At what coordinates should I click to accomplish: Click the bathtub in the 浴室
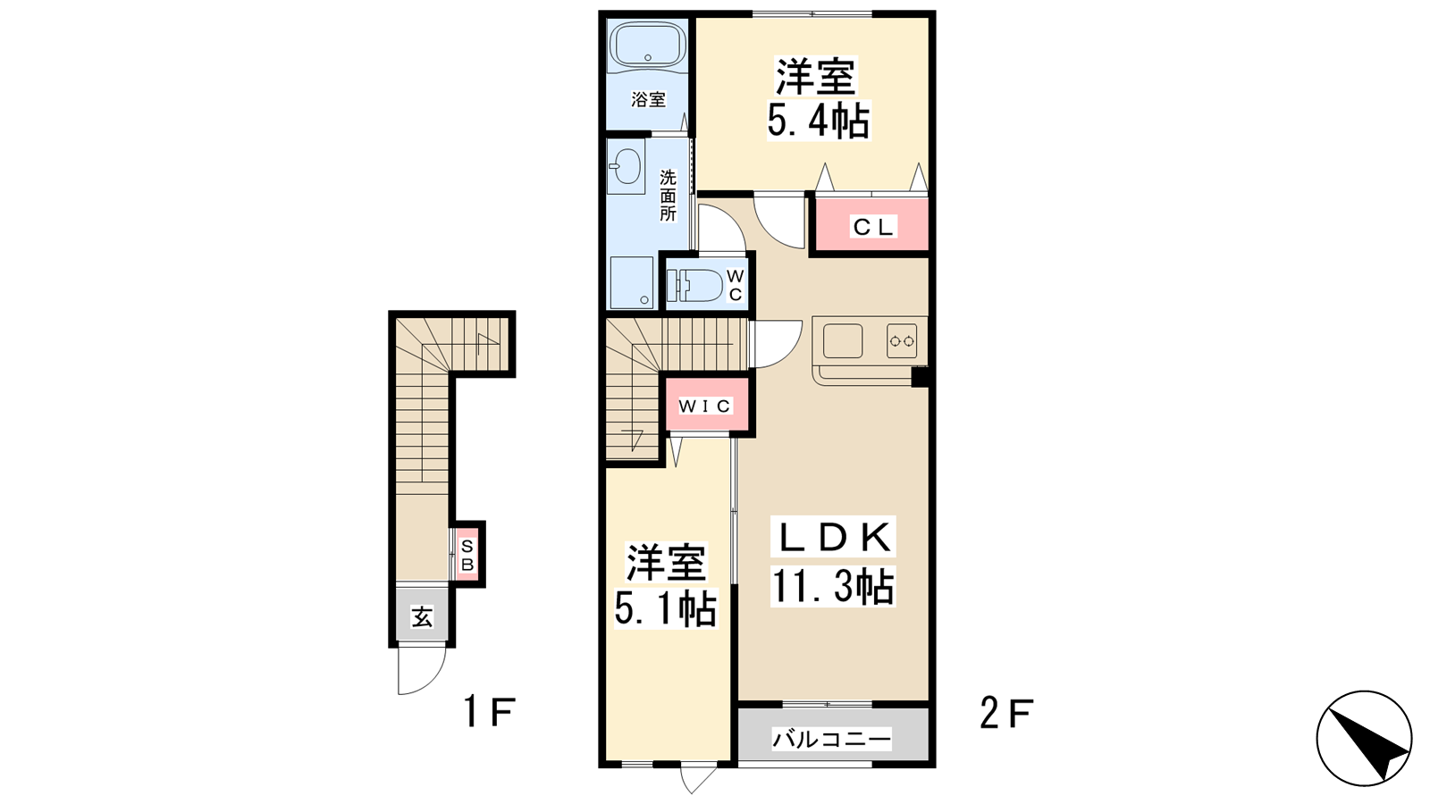click(x=647, y=46)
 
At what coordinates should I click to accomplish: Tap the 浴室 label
click(x=649, y=99)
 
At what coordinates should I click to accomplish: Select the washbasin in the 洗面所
click(x=626, y=166)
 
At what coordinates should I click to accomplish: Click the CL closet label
click(x=873, y=227)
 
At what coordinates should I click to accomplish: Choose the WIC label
click(x=705, y=406)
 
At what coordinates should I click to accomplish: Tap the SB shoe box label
click(x=467, y=555)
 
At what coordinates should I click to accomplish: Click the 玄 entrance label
click(x=422, y=617)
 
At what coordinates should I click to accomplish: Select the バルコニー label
click(x=831, y=741)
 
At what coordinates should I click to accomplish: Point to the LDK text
click(x=833, y=538)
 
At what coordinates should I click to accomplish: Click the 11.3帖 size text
click(x=832, y=586)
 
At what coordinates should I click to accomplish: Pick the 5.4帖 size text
click(x=818, y=121)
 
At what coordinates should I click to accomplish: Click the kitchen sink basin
click(x=843, y=340)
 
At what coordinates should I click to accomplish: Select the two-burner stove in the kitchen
click(x=902, y=340)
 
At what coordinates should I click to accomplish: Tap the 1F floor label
click(x=489, y=712)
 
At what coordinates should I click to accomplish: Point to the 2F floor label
click(x=1006, y=713)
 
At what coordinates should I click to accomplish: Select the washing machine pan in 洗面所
click(x=632, y=282)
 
